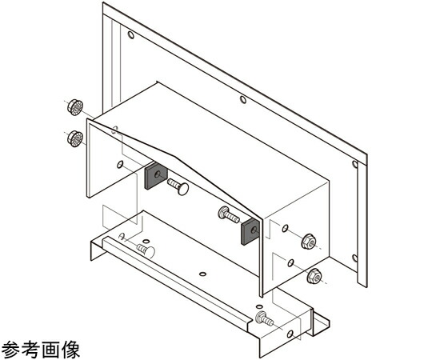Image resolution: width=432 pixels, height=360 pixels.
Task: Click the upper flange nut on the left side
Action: (75, 107)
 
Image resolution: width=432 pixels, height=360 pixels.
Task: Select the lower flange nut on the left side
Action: (75, 139)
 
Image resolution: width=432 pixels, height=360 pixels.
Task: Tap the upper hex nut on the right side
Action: (309, 242)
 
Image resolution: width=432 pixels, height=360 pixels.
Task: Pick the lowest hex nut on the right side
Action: (314, 276)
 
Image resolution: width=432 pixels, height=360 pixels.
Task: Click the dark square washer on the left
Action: (156, 175)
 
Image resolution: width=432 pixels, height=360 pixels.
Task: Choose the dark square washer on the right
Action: (250, 232)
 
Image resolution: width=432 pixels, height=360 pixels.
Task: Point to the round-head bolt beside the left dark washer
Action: (178, 186)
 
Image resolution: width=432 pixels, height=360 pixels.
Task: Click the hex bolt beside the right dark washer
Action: (229, 214)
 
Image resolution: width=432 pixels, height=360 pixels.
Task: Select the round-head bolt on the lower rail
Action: (146, 250)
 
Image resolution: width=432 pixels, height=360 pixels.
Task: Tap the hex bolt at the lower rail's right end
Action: (265, 318)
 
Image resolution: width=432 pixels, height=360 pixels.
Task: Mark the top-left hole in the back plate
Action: (131, 35)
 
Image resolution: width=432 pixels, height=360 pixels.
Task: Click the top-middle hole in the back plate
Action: (243, 99)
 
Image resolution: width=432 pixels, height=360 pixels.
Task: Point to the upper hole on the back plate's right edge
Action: (355, 165)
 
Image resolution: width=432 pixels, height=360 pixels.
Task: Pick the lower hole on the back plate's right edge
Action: (355, 258)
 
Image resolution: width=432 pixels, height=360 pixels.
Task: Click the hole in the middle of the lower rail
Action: (202, 274)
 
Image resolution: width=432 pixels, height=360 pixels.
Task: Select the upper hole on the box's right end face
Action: (285, 228)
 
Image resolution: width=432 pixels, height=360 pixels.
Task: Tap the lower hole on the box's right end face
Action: (290, 263)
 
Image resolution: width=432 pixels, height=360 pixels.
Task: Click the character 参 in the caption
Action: (10, 349)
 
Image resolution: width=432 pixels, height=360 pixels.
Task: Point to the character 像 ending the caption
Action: (71, 349)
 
